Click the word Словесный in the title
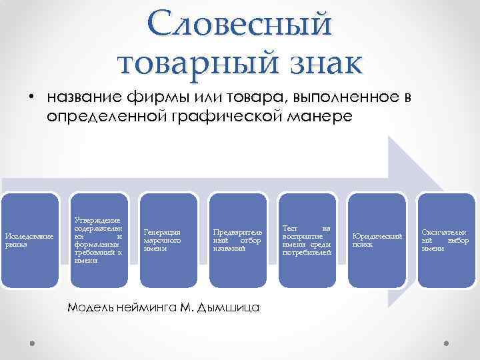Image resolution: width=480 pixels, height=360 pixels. click(240, 24)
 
